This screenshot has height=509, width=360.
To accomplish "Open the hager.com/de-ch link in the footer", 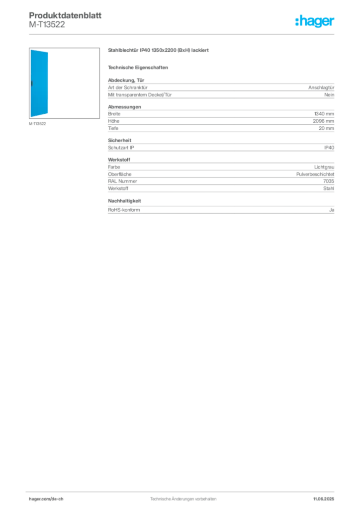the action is click(x=55, y=499).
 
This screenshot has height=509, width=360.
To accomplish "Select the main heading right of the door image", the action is click(x=159, y=51).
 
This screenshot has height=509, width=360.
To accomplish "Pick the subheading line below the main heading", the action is click(x=139, y=67).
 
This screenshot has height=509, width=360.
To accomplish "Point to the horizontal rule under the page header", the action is click(x=183, y=34).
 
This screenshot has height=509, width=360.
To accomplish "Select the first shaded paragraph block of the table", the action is click(x=221, y=90).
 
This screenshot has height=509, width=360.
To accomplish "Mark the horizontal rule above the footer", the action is click(x=183, y=489).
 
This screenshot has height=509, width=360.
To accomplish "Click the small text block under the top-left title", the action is click(x=47, y=27).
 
